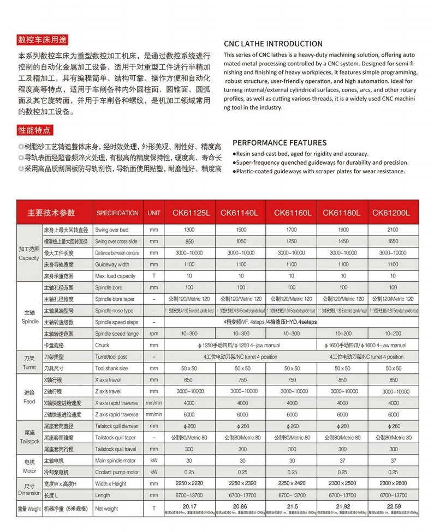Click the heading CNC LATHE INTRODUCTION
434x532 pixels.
pos(273,44)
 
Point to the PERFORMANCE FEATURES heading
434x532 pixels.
pos(280,143)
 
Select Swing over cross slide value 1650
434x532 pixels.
pos(394,241)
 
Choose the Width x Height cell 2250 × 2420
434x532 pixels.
pos(292,483)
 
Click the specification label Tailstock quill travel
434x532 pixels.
pos(116,449)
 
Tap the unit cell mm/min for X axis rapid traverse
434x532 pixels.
pos(154,403)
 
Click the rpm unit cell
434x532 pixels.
pos(154,334)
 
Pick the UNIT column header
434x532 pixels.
pos(154,213)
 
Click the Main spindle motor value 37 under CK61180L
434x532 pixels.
pos(343,461)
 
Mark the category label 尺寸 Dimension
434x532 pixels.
pos(30,488)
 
